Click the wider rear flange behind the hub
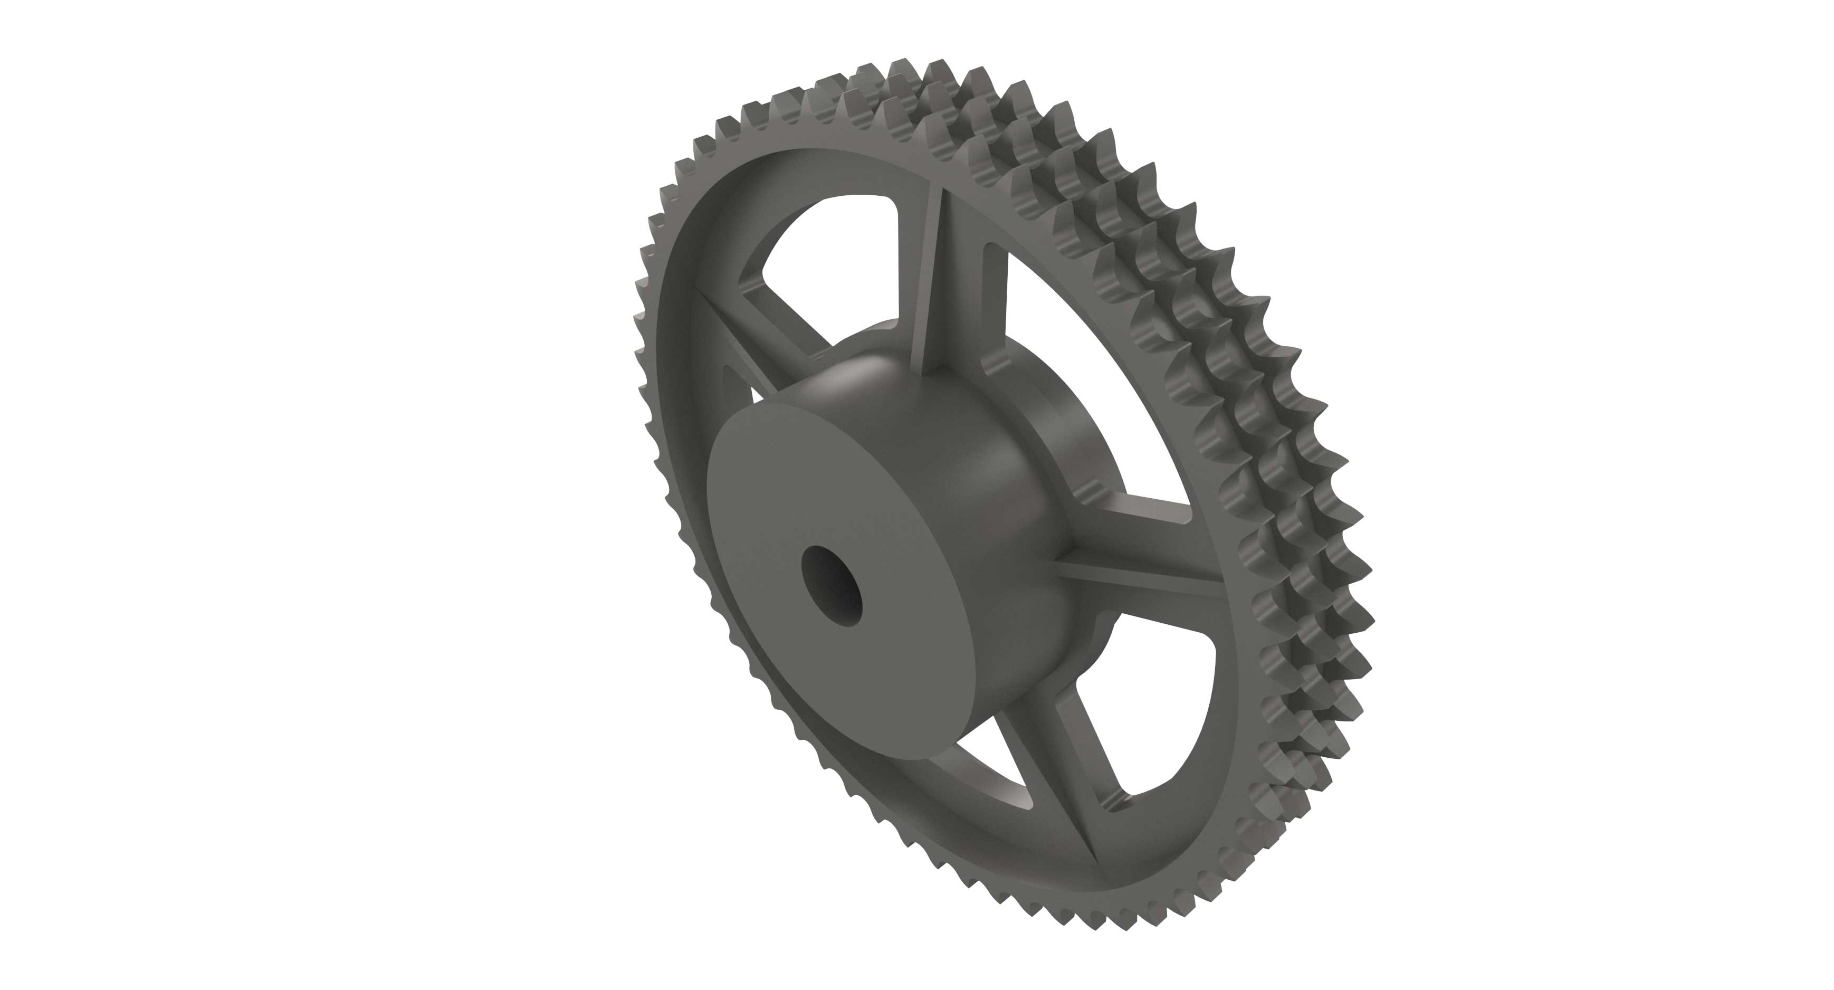tap(1068, 456)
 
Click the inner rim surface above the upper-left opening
tap(819, 171)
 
